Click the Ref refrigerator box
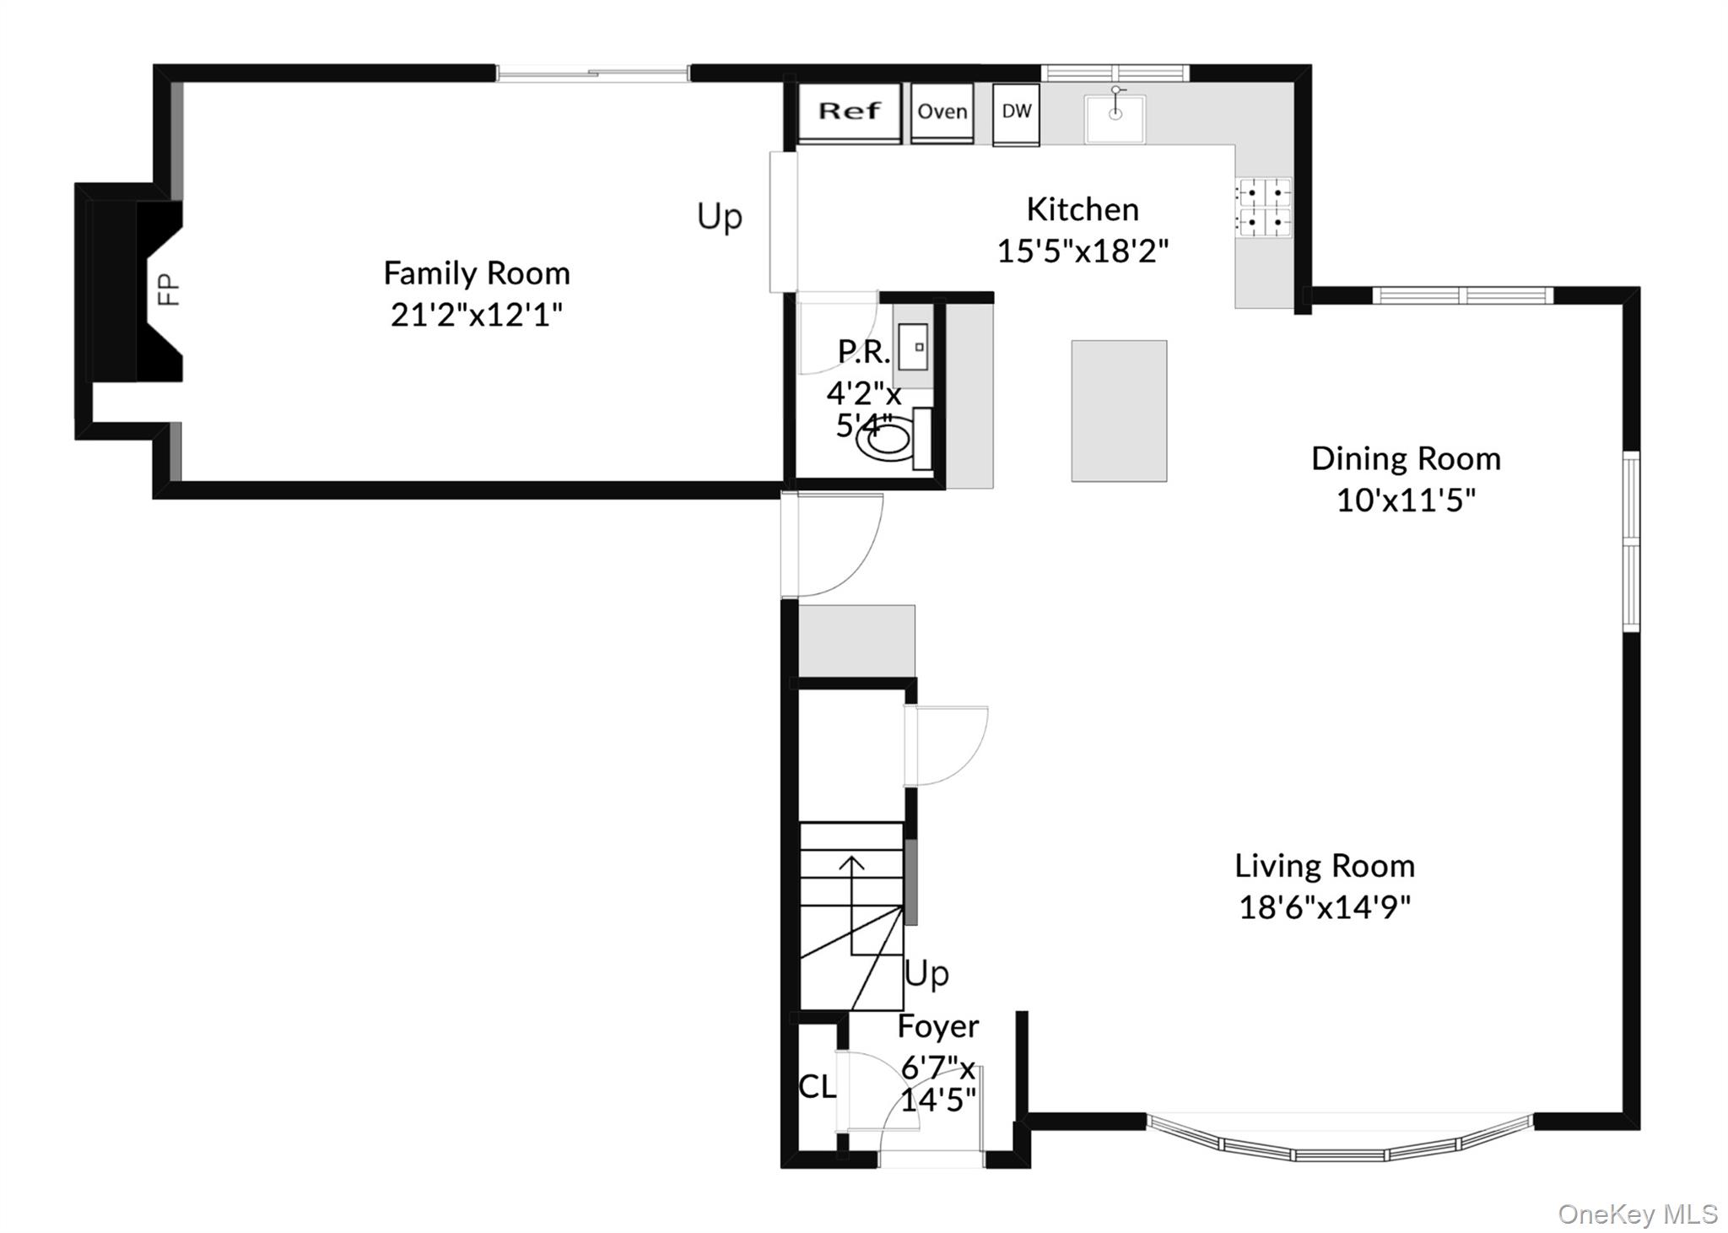tap(850, 112)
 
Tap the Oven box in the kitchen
tap(942, 112)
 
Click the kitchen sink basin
tap(1115, 119)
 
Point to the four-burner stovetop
tap(1263, 207)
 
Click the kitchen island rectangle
tap(1119, 411)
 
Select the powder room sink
tap(913, 346)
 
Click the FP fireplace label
tap(170, 289)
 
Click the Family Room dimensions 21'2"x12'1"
tap(477, 315)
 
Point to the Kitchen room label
tap(1083, 208)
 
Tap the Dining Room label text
tap(1406, 458)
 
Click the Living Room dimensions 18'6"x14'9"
tap(1325, 907)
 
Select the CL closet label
tap(817, 1086)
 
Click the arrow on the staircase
tap(852, 906)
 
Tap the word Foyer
tap(938, 1026)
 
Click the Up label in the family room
tap(720, 217)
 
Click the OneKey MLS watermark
tap(1637, 1214)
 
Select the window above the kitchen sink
tap(1115, 73)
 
